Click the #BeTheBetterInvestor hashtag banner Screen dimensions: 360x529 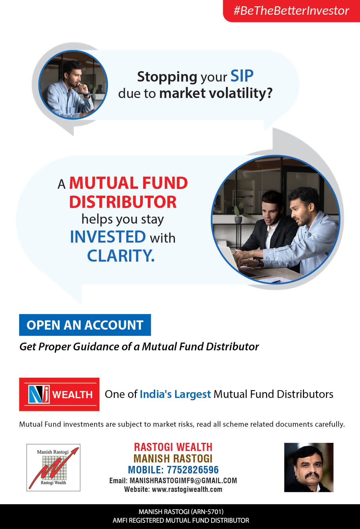pos(291,11)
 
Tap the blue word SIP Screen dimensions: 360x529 pos(242,76)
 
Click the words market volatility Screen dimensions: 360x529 pos(216,93)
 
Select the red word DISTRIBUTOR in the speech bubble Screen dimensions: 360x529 pos(123,202)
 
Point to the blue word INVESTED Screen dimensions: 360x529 pos(108,237)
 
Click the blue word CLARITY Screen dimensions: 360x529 pos(121,256)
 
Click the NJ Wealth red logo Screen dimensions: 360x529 pos(59,394)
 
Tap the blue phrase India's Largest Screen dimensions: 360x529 pos(175,394)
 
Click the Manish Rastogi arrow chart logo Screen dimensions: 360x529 pos(53,467)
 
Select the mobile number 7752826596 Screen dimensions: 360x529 pos(193,470)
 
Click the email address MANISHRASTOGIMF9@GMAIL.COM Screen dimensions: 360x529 pos(183,481)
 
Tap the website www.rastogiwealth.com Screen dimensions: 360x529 pos(187,489)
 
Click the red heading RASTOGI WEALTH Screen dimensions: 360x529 pos(173,447)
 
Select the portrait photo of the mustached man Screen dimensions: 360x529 pos(309,467)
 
